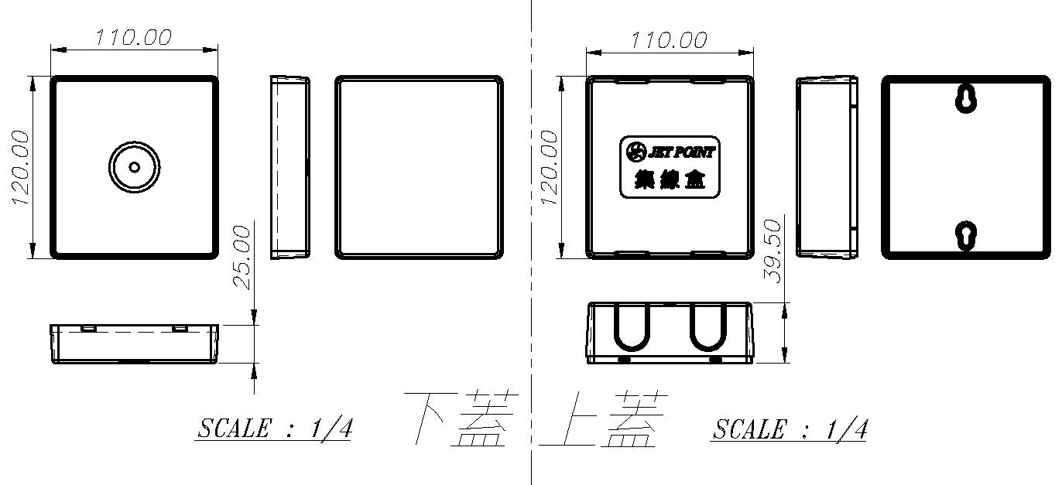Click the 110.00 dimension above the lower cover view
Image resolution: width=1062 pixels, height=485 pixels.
133,37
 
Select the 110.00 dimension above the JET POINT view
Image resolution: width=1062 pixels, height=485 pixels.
669,39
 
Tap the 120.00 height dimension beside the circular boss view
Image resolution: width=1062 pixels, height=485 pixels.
21,167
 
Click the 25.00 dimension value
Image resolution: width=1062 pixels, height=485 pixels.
243,257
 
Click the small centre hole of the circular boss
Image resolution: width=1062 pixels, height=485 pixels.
135,167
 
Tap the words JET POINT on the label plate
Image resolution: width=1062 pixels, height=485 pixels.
681,152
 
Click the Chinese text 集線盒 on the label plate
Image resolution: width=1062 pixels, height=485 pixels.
669,180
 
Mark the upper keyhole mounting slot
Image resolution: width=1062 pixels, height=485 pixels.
965,98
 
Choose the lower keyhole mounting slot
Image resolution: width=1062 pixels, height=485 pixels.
965,236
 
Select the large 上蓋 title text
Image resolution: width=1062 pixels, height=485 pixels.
604,419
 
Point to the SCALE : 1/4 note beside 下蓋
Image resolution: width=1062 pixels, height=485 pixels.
275,429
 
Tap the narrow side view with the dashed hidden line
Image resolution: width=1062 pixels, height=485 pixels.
290,167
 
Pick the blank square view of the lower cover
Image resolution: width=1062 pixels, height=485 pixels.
420,167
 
